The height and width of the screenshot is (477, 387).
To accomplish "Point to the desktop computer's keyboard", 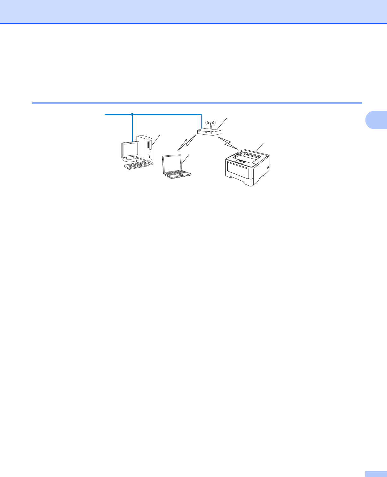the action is [136, 165].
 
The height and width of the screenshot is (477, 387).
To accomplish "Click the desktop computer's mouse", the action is [151, 163].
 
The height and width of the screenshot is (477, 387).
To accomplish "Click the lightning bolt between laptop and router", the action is [187, 143].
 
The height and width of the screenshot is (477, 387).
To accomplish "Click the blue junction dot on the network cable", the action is [132, 114].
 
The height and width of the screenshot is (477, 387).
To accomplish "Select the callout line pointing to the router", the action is [222, 124].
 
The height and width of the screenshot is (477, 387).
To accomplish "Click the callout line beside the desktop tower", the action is [157, 139].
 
